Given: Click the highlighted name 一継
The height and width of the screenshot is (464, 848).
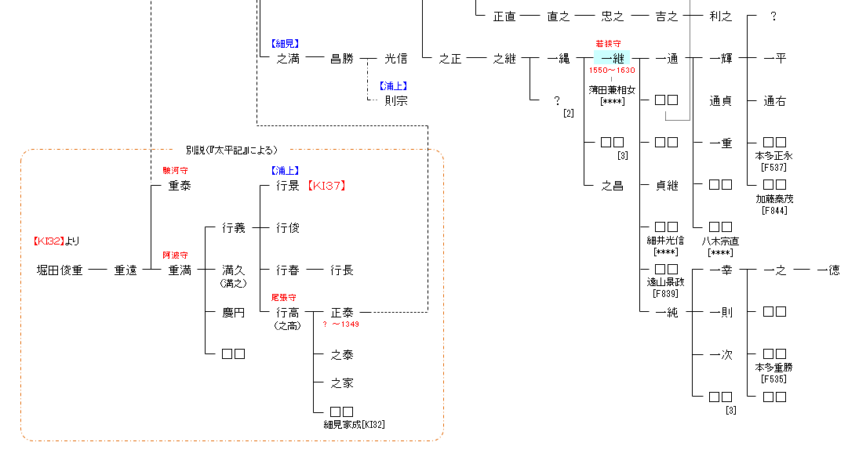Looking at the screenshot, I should click(612, 58).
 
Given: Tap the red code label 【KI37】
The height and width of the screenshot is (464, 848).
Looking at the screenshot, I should click(326, 186).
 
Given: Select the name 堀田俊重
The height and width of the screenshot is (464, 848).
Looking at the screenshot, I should click(60, 270).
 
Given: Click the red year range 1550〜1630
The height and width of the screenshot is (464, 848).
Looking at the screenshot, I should click(612, 71).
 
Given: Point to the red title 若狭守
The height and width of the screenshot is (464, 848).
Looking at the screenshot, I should click(609, 44).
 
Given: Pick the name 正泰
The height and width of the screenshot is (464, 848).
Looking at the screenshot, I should click(342, 313).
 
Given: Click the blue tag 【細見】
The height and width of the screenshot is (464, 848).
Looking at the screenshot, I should click(285, 44).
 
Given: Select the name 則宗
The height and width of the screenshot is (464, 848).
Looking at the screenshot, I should click(396, 100).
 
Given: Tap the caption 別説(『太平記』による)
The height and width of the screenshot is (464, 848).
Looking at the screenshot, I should click(231, 150).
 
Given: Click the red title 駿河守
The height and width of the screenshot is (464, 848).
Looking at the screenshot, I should click(175, 170).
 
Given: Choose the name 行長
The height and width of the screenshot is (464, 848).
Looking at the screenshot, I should click(342, 270).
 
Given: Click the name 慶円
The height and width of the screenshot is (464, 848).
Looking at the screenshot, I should click(234, 313).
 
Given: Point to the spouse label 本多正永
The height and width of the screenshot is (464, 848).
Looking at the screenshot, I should click(774, 155).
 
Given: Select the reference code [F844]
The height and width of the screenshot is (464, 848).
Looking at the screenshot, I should click(774, 209).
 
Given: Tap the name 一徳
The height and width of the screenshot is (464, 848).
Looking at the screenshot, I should click(828, 270).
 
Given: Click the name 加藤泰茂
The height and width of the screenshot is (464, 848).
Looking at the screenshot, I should click(774, 198).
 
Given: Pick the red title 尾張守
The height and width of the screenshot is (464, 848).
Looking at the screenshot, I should click(283, 298).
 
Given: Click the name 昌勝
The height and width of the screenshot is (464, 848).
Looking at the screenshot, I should click(342, 59).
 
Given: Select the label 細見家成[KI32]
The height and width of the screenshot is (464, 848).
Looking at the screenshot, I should click(355, 424).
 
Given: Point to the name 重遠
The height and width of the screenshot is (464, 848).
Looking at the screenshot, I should click(126, 270).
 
